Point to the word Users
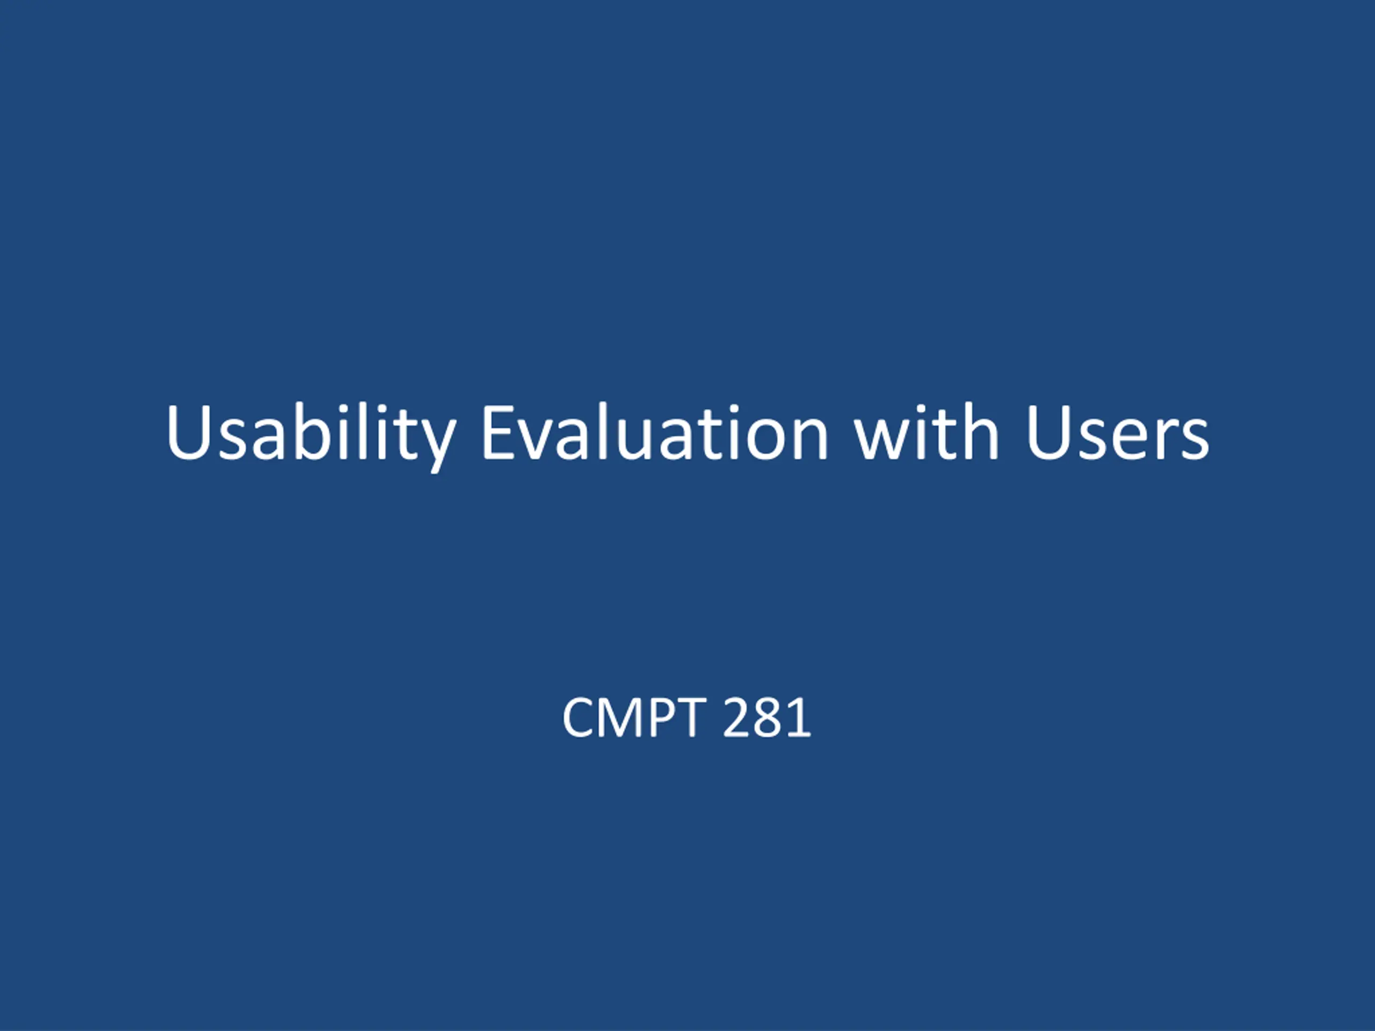click(x=1117, y=433)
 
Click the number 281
click(x=768, y=717)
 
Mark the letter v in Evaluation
click(x=538, y=440)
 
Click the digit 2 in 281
click(x=736, y=717)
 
